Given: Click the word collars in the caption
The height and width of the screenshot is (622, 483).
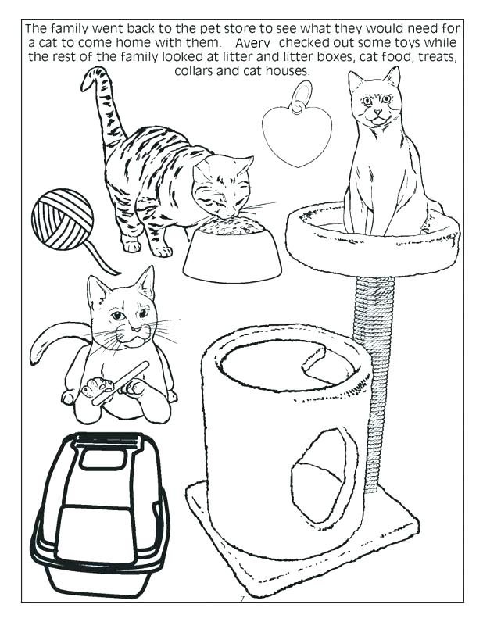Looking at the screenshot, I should click(x=201, y=70).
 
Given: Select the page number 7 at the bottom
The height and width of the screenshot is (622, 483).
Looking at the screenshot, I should click(x=242, y=598).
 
